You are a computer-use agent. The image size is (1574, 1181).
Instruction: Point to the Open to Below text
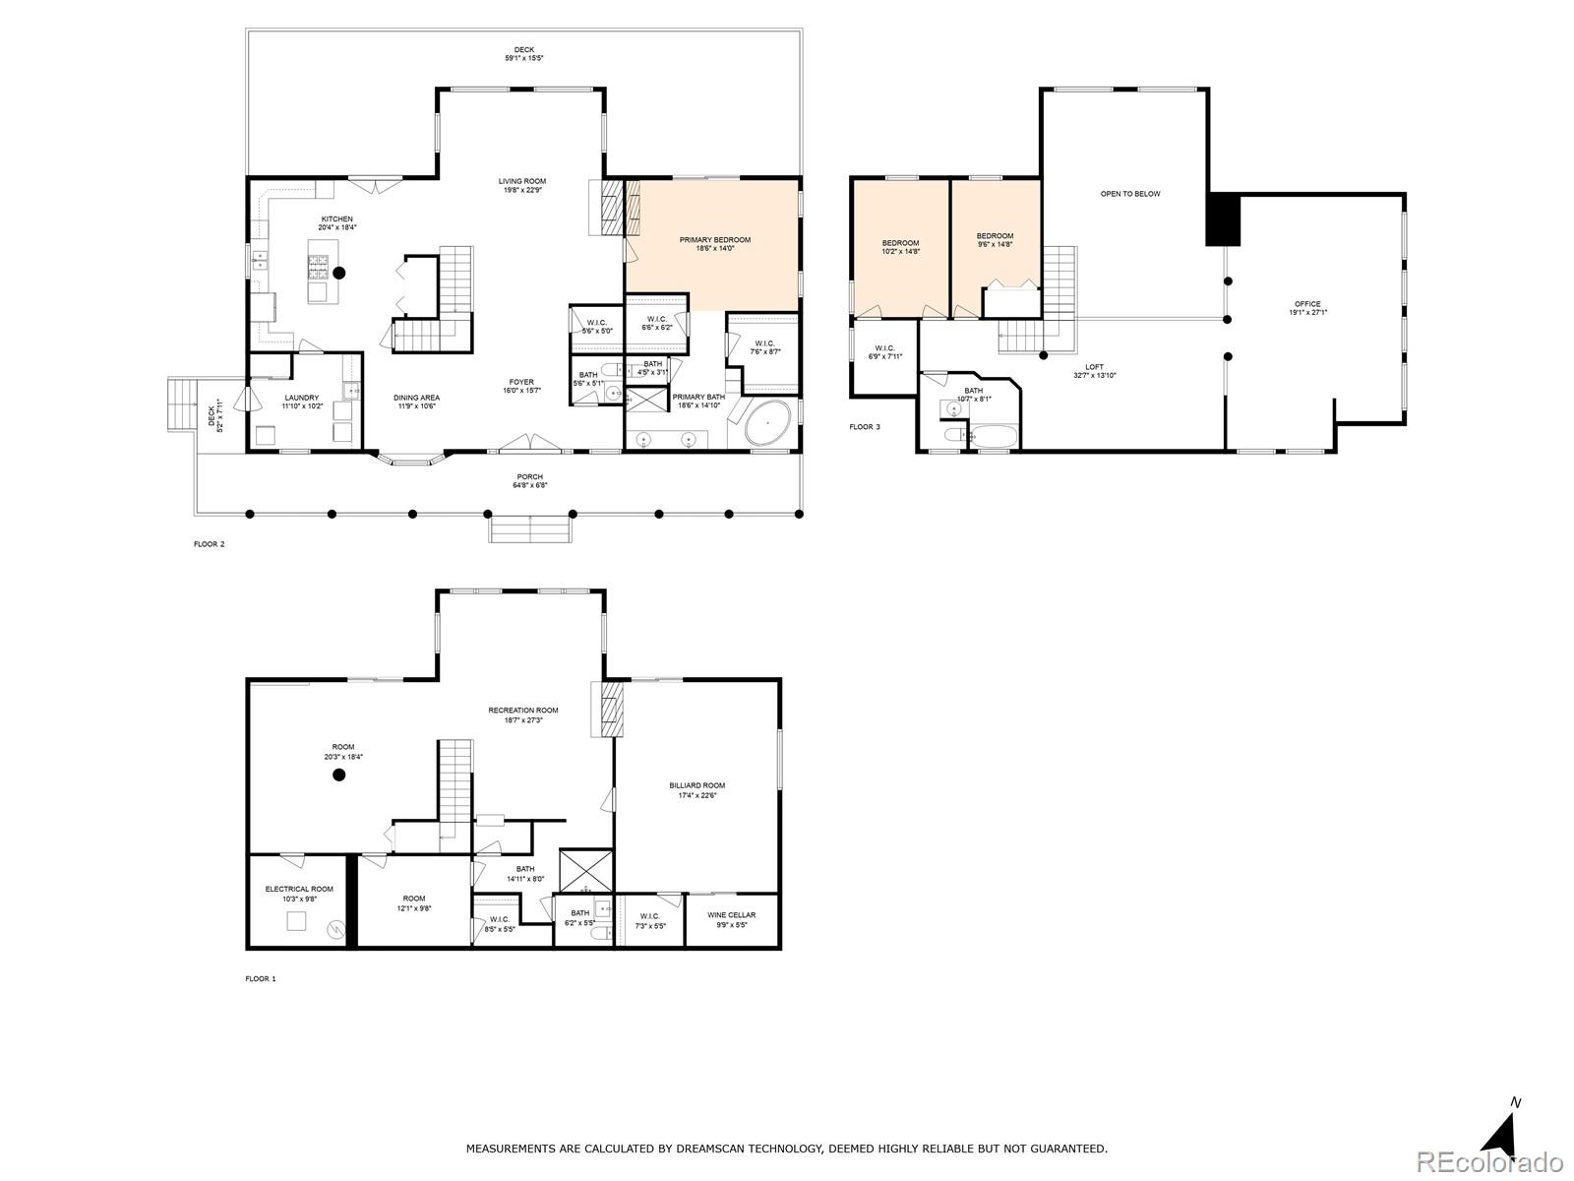click(1129, 194)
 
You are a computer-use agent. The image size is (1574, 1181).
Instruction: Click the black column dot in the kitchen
click(339, 273)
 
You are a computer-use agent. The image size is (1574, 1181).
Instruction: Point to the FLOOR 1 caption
click(261, 979)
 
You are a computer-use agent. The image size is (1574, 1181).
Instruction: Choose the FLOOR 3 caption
click(865, 427)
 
